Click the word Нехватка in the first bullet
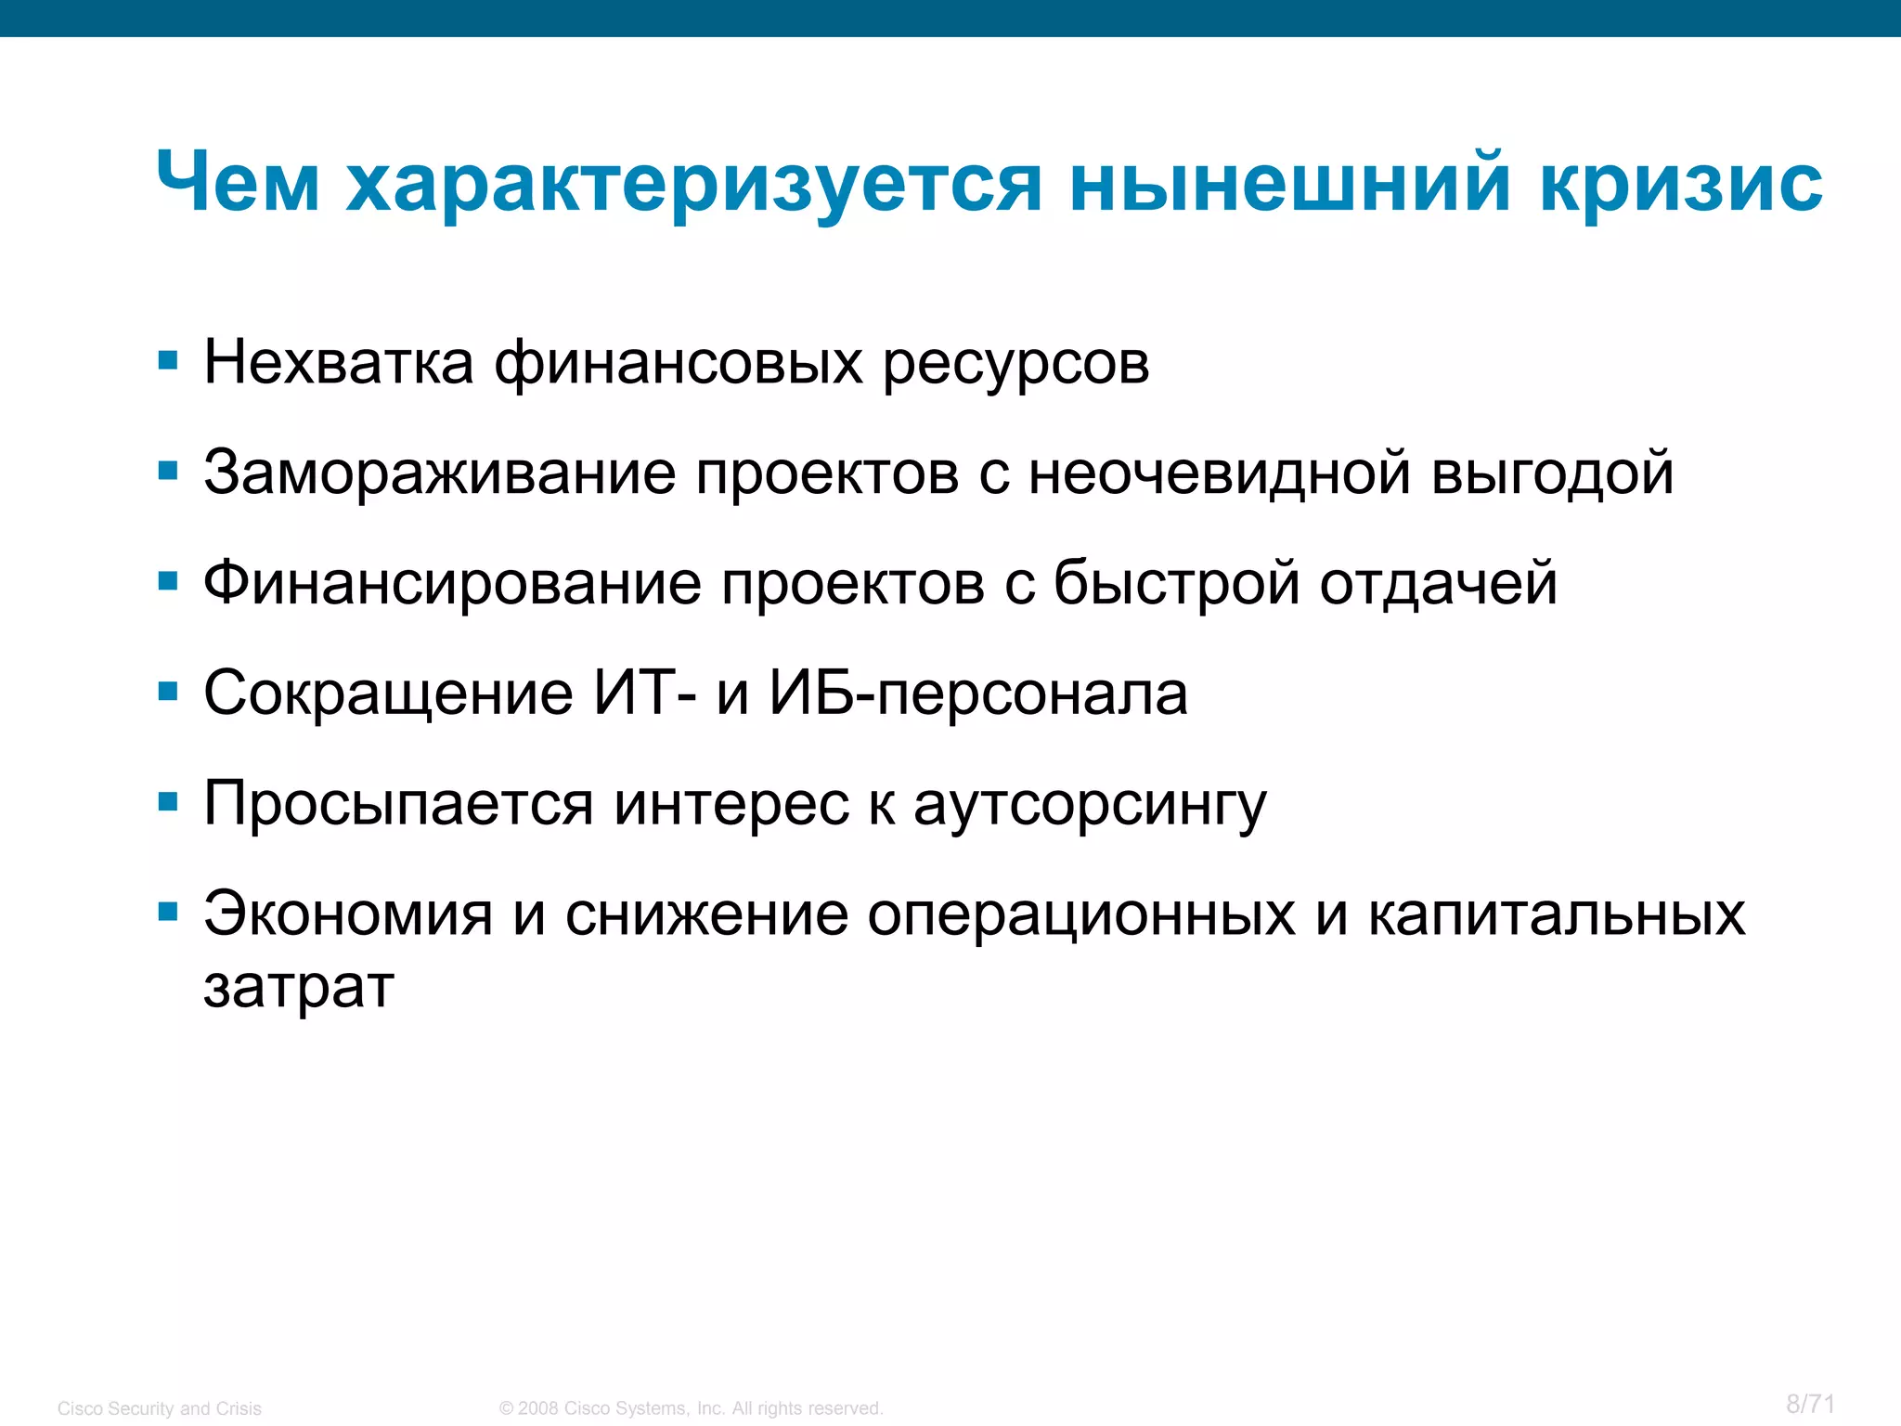pos(338,362)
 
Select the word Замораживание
pos(439,473)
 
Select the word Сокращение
pos(388,694)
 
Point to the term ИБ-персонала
pos(978,694)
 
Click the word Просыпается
pos(398,804)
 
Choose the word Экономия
pos(348,914)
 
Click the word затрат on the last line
pos(299,986)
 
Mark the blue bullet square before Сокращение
pos(168,692)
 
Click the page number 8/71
pos(1810,1404)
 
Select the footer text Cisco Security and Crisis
pos(160,1408)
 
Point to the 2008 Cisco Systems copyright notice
pos(691,1408)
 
